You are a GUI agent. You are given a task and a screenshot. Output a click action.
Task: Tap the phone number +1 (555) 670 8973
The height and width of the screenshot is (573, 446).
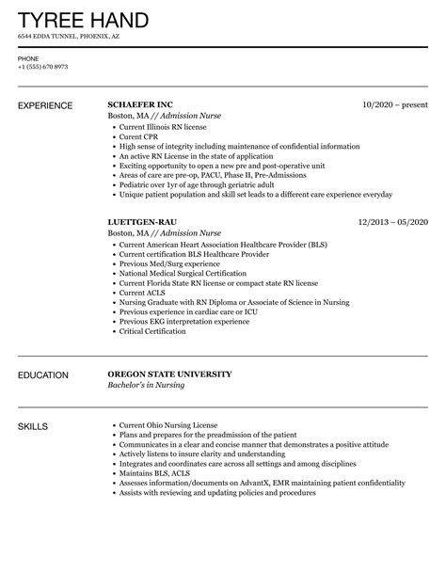pos(41,66)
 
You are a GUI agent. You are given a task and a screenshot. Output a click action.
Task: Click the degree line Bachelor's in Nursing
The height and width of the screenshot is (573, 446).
pos(147,385)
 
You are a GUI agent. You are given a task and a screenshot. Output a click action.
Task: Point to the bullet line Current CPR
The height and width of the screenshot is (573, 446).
pos(139,136)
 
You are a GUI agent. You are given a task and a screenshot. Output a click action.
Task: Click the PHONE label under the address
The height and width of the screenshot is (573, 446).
pos(27,57)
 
